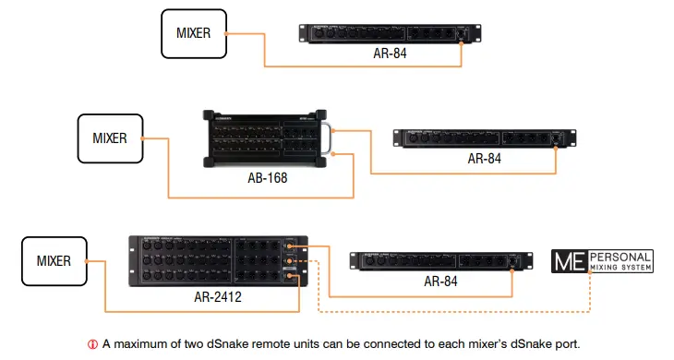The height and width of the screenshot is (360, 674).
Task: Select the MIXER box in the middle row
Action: pyautogui.click(x=110, y=139)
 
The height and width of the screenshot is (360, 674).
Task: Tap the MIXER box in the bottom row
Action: pyautogui.click(x=53, y=261)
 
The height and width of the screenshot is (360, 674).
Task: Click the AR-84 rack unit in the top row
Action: pyautogui.click(x=386, y=32)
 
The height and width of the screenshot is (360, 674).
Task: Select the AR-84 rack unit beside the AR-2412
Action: pyautogui.click(x=437, y=260)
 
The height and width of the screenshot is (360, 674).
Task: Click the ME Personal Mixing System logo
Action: pyautogui.click(x=601, y=260)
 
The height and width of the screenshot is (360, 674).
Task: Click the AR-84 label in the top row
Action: pyautogui.click(x=385, y=54)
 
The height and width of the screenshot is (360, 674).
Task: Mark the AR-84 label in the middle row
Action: pyautogui.click(x=484, y=159)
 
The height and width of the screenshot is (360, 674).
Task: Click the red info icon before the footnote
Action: pyautogui.click(x=92, y=344)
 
